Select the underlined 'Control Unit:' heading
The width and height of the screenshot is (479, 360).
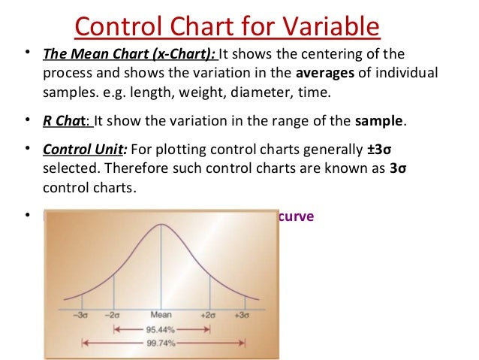point(80,147)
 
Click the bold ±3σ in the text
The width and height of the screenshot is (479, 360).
point(388,147)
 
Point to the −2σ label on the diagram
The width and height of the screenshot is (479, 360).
point(112,316)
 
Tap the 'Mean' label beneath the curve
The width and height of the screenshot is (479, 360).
point(160,316)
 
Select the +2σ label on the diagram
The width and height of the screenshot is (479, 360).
point(208,316)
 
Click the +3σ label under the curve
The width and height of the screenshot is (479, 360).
point(242,316)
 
